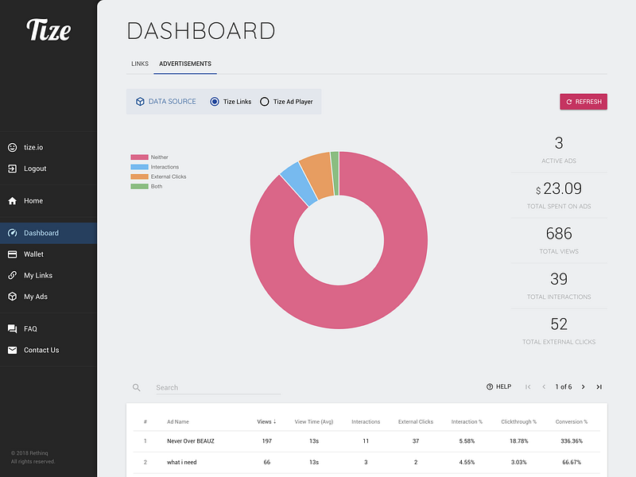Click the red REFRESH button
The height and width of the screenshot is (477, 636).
pyautogui.click(x=584, y=102)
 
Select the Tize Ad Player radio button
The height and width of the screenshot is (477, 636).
pyautogui.click(x=265, y=102)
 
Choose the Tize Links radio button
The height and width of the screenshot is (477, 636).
pyautogui.click(x=215, y=102)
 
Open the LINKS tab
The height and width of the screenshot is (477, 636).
pyautogui.click(x=140, y=64)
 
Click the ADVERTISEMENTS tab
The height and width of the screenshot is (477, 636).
pyautogui.click(x=185, y=64)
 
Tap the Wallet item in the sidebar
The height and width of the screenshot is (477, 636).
pyautogui.click(x=33, y=254)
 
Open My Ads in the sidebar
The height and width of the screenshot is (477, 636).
pyautogui.click(x=35, y=297)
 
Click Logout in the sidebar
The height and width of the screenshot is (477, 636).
pyautogui.click(x=35, y=169)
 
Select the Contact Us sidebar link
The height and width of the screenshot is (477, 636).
pyautogui.click(x=41, y=350)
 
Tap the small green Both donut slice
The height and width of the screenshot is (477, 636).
pyautogui.click(x=335, y=173)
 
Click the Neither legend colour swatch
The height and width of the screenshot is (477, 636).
pyautogui.click(x=139, y=157)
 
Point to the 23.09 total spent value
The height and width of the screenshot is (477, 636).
pyautogui.click(x=562, y=188)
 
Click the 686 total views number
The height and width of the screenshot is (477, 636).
pyautogui.click(x=559, y=234)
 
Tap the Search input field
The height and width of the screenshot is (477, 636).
pyautogui.click(x=218, y=388)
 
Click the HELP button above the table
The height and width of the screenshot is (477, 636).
pyautogui.click(x=499, y=386)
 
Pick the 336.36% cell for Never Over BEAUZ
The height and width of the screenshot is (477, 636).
pyautogui.click(x=572, y=441)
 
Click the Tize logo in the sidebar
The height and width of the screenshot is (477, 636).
pyautogui.click(x=48, y=29)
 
